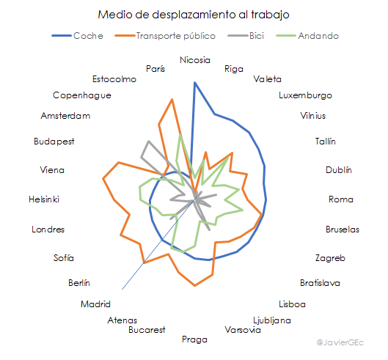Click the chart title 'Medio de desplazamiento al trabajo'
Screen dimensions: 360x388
pyautogui.click(x=194, y=15)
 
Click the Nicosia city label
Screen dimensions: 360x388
pyautogui.click(x=194, y=60)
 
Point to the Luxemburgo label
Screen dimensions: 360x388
pyautogui.click(x=305, y=95)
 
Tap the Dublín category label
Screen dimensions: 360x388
pyautogui.click(x=339, y=170)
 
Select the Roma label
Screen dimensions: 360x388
pyautogui.click(x=341, y=199)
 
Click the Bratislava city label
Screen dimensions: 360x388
pyautogui.click(x=320, y=282)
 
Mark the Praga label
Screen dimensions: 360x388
pyautogui.click(x=194, y=339)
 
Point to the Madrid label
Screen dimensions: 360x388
pyautogui.click(x=95, y=304)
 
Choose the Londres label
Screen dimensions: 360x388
pyautogui.click(x=48, y=229)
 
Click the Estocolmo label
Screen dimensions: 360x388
pyautogui.click(x=114, y=79)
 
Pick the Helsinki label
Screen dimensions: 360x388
pyautogui.click(x=44, y=199)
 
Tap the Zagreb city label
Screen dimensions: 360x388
pyautogui.click(x=330, y=258)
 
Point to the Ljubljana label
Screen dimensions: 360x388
pyautogui.click(x=271, y=320)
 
